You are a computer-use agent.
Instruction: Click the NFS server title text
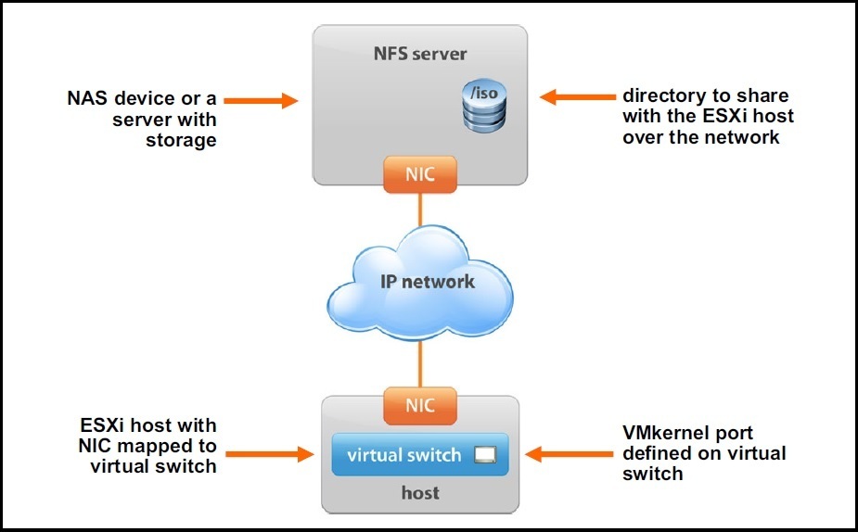tap(420, 54)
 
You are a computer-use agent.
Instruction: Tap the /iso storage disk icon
tap(484, 106)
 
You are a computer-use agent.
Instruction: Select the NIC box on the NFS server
tap(420, 174)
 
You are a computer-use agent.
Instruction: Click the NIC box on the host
tap(420, 406)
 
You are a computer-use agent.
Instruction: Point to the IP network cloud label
tap(428, 282)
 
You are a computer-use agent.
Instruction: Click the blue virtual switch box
tap(420, 455)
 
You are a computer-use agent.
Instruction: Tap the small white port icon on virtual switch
tap(485, 454)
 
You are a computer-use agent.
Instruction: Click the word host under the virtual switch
tap(420, 493)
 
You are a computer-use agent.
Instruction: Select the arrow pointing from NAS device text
tap(261, 100)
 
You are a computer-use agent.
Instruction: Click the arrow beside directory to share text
tap(578, 96)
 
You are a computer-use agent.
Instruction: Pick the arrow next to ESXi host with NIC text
tap(269, 454)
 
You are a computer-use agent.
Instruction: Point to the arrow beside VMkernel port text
tap(570, 454)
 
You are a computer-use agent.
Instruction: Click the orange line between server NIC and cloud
tap(420, 209)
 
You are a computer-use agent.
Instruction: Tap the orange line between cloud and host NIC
tap(420, 363)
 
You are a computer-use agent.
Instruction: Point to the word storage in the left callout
tap(181, 141)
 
